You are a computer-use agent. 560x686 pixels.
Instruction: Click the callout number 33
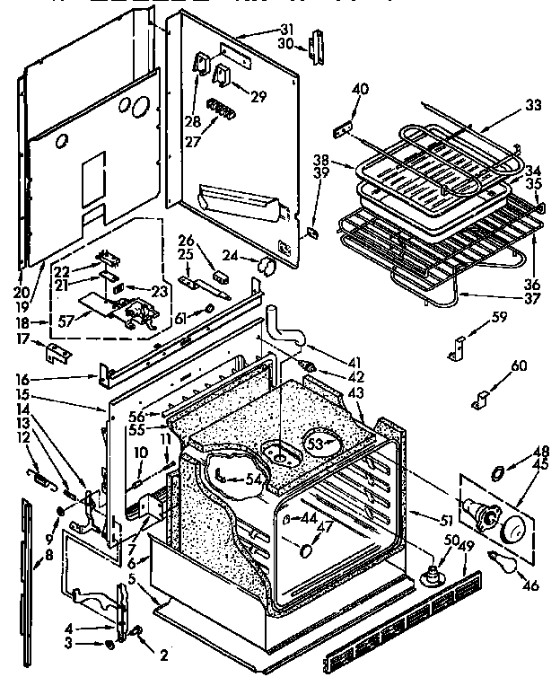(533, 105)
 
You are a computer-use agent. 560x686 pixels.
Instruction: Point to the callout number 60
(519, 365)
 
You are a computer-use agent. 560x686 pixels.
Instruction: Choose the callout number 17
(22, 339)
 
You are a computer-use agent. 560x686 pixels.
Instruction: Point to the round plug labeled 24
(266, 264)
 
